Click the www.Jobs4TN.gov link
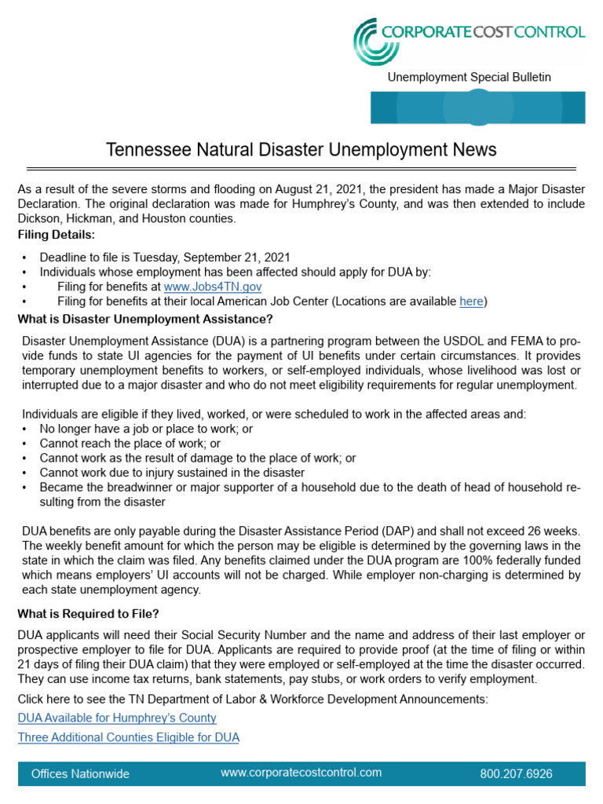[212, 287]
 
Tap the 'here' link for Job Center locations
[471, 301]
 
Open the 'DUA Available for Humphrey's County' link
[117, 718]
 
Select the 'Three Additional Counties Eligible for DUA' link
[129, 737]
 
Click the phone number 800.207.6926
[516, 773]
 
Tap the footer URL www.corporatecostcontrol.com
[301, 773]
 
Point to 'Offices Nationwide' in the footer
[80, 773]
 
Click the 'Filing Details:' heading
[55, 234]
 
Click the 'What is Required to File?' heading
[93, 613]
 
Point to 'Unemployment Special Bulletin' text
[470, 77]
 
